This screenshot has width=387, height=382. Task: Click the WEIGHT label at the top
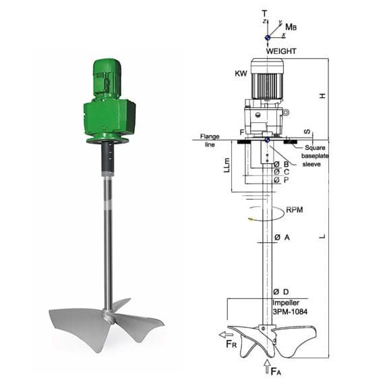point(281,51)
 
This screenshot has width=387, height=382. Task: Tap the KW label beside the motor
point(241,74)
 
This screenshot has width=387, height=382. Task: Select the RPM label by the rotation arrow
point(294,210)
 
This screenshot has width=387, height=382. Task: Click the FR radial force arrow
point(226,335)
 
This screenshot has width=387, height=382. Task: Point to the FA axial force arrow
point(267,366)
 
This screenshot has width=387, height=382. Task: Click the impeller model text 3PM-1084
point(290,312)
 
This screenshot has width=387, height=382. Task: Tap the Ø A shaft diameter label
point(282,238)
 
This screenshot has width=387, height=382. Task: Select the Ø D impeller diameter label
point(281,292)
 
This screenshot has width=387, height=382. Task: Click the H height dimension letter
point(322,96)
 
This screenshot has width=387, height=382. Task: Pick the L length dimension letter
point(322,236)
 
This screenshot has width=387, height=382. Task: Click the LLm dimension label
point(227,165)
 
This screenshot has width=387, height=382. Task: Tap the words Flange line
point(210,140)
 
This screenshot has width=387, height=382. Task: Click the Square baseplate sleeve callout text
point(315,156)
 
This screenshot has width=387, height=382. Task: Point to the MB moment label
point(291,27)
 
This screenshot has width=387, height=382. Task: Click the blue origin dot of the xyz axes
point(267,38)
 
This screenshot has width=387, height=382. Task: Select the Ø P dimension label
point(281,180)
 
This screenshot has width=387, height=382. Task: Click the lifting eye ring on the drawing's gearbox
point(286,113)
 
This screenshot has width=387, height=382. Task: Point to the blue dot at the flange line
point(267,140)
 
